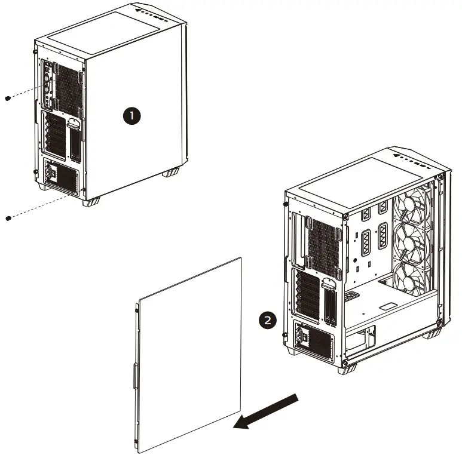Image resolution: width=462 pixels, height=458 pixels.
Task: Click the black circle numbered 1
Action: click(x=131, y=116)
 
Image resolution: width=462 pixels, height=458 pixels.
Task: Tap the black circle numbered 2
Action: click(x=268, y=319)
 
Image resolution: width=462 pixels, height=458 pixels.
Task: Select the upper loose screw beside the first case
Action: click(x=7, y=98)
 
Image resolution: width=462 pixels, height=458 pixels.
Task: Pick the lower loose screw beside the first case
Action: click(x=7, y=218)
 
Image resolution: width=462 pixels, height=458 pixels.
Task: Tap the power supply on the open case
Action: click(x=313, y=340)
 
